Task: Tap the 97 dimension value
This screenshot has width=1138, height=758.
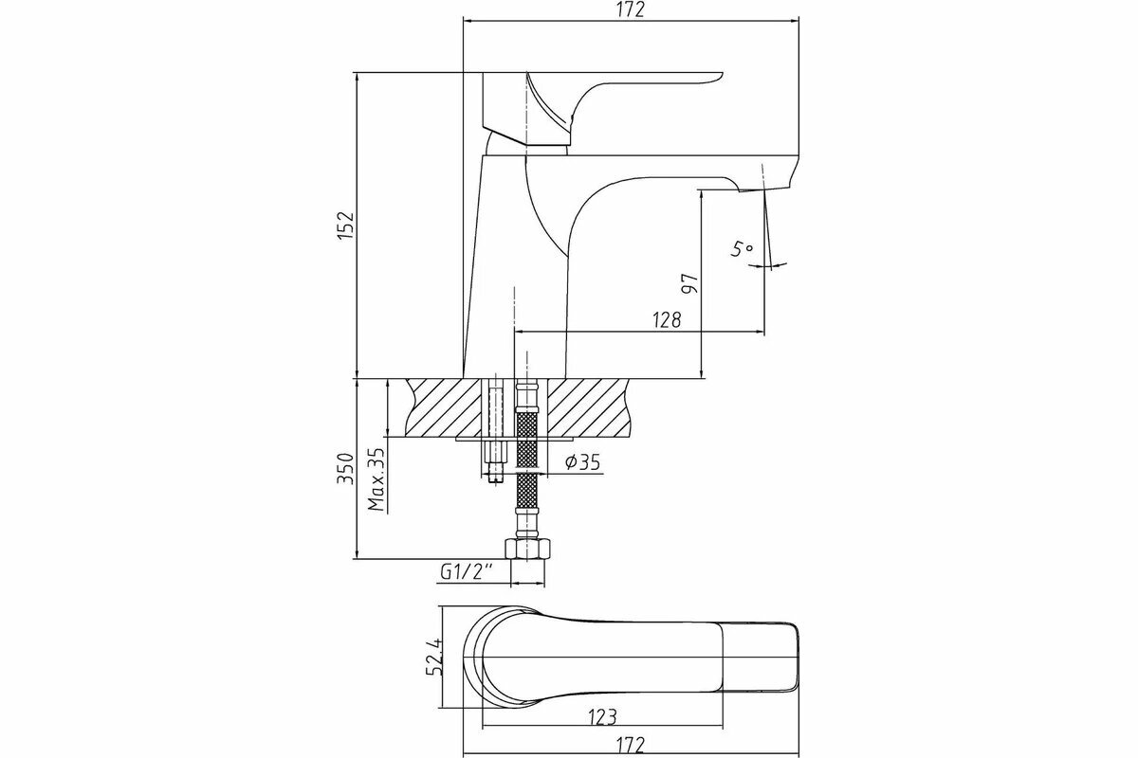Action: pyautogui.click(x=690, y=282)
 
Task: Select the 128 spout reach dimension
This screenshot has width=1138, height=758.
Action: pyautogui.click(x=667, y=320)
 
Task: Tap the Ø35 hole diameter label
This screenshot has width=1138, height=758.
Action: pyautogui.click(x=579, y=461)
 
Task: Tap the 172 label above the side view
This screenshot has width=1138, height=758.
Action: pyautogui.click(x=630, y=10)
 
